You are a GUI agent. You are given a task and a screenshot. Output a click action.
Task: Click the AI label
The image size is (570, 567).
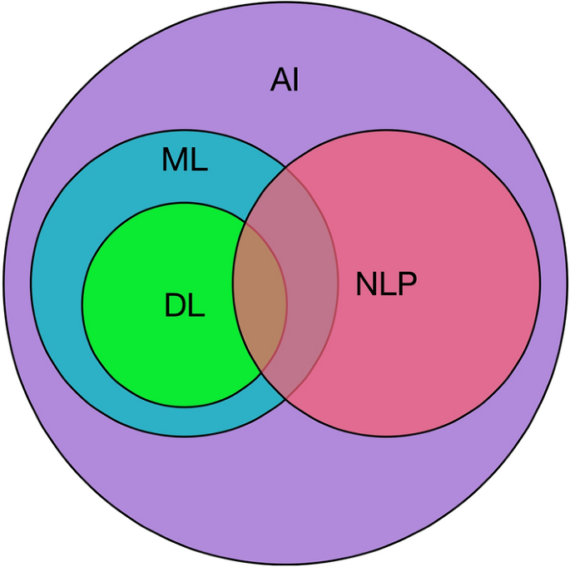[285, 81]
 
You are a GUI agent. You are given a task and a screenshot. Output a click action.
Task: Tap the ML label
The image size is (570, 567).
[184, 160]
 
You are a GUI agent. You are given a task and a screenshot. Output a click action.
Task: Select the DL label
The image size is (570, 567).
[184, 307]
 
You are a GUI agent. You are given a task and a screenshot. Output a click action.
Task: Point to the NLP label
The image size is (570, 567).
[386, 285]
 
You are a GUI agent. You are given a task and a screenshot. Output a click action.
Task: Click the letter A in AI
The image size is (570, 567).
[279, 81]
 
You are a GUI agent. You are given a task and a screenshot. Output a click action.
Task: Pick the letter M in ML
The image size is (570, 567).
[176, 160]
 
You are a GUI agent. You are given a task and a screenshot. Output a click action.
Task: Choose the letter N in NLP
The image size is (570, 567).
[366, 285]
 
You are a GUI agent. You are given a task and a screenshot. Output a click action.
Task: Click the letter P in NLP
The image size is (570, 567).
[407, 285]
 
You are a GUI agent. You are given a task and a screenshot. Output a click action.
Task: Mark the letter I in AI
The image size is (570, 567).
[295, 81]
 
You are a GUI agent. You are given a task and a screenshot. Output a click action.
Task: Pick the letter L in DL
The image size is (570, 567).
[196, 307]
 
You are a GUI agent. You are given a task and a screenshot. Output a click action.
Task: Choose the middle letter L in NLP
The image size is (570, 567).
[387, 285]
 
